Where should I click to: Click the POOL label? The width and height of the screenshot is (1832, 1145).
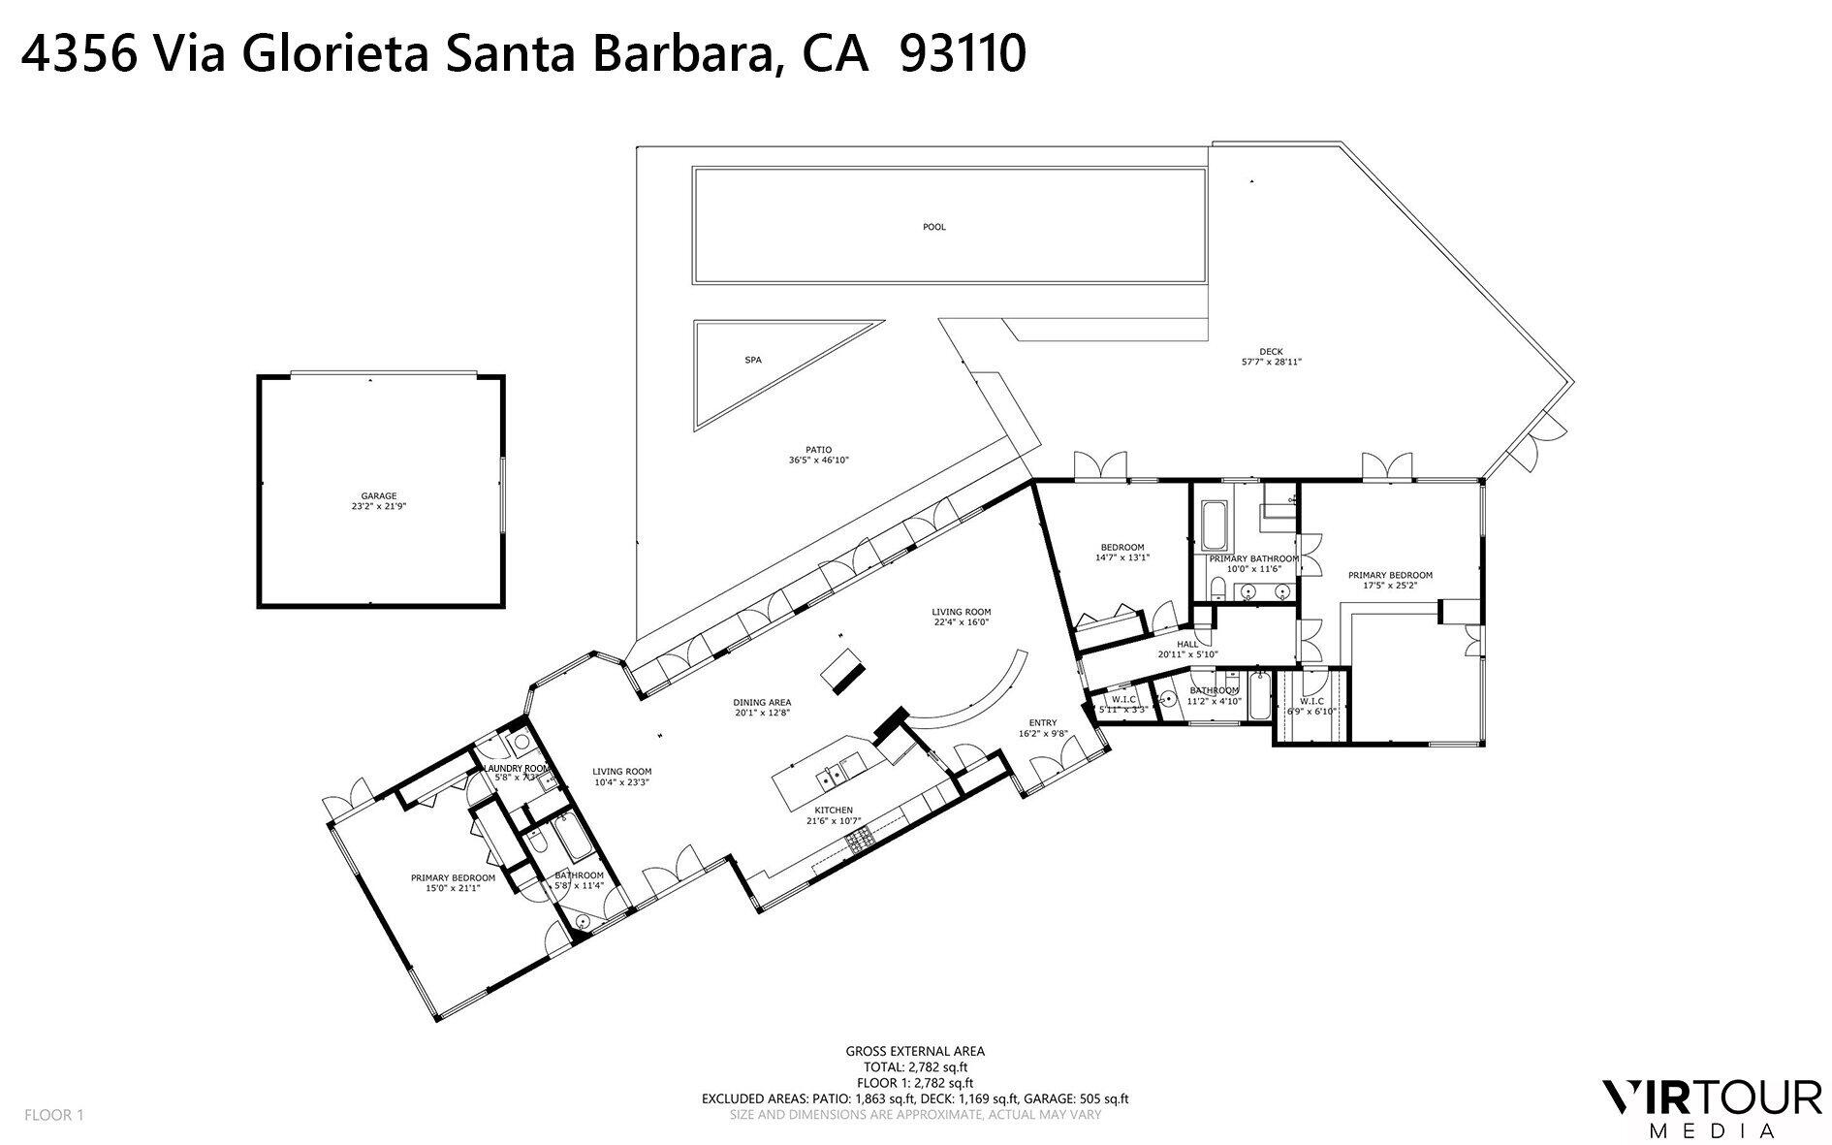933,227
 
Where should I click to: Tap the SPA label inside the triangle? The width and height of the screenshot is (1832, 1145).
753,360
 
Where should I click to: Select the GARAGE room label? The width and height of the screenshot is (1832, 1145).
378,496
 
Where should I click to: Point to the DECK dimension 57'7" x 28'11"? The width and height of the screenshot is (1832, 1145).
1271,362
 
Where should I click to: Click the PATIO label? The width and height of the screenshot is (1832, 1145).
819,450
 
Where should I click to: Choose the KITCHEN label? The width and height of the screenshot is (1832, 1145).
833,811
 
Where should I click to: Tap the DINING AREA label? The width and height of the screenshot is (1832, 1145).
763,702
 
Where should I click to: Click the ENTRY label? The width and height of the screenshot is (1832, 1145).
1043,722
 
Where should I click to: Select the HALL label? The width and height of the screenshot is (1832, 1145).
1187,644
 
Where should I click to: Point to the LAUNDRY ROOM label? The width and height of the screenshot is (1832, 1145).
522,768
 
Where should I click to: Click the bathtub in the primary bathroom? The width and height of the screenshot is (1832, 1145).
1213,525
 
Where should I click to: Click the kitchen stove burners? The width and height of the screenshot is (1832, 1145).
860,843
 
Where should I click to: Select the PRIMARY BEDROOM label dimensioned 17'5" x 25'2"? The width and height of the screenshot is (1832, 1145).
1390,575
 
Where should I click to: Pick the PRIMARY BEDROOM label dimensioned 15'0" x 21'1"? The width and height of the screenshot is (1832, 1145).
453,878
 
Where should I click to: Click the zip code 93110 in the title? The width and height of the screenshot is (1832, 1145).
963,55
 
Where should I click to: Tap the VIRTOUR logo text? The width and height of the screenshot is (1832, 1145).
1711,1098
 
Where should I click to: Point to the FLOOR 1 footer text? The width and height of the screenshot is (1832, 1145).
54,1115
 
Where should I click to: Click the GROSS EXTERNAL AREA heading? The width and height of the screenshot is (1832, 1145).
915,1051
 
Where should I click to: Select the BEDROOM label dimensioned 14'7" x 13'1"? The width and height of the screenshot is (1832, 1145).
1122,547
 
